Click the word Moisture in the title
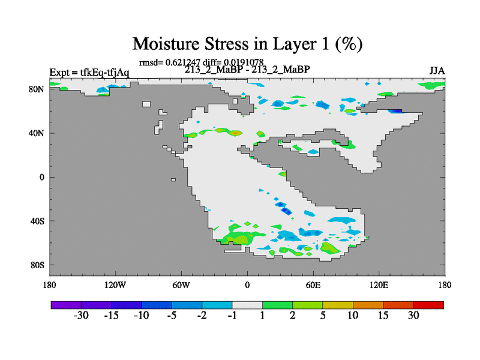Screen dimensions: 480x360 (x=166, y=43)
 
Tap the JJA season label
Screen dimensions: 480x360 (x=437, y=71)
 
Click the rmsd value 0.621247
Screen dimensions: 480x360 (x=183, y=62)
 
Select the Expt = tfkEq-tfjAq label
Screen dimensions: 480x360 (x=89, y=73)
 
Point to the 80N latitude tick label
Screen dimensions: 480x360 (x=37, y=89)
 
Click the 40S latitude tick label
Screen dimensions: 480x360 (x=37, y=221)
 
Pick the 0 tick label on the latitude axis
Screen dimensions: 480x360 (x=41, y=177)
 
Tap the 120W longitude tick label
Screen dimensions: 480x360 (x=115, y=285)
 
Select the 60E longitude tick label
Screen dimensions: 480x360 (x=313, y=285)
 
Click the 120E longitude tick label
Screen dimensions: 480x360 (x=379, y=285)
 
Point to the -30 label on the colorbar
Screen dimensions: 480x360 (x=81, y=315)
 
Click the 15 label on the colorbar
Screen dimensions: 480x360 (x=383, y=315)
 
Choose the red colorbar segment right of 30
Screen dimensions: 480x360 (x=428, y=305)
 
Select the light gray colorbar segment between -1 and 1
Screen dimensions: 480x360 (x=247, y=305)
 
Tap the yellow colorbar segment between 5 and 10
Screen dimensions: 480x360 (x=338, y=305)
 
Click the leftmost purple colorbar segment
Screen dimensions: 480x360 (x=66, y=305)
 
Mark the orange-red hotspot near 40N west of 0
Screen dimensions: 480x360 (x=235, y=133)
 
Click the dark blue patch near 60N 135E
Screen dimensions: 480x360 (x=396, y=111)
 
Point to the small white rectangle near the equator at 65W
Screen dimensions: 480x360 (x=173, y=179)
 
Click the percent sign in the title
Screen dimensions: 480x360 (x=349, y=43)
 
